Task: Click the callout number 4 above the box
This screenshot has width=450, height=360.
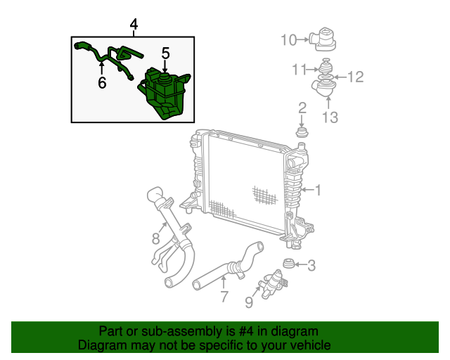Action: point(134,26)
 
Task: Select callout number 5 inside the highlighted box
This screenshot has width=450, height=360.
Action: point(166,53)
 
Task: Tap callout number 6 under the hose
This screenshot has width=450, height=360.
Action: point(102,83)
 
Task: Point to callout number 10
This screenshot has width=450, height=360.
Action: point(289,40)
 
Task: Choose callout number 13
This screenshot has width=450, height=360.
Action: point(330,117)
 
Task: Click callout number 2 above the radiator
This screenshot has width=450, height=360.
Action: point(302,108)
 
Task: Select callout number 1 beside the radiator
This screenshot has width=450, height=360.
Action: point(318,190)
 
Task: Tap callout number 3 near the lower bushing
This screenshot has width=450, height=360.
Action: point(311,265)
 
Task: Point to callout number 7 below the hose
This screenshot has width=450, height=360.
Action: point(224,297)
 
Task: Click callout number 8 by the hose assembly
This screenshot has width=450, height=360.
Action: point(156,238)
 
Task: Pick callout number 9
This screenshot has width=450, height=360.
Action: point(248,302)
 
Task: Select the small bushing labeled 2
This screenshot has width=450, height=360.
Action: point(302,133)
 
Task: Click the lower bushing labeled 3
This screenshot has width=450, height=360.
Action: point(287,265)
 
